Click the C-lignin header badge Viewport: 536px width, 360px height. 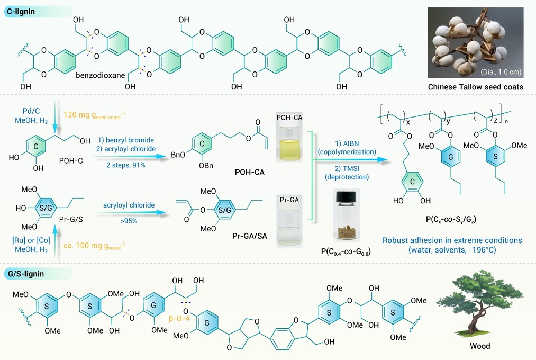pos(38,12)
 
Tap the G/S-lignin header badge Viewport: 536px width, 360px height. pos(38,274)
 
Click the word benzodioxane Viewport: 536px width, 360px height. pos(100,75)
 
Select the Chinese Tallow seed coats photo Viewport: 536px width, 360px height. pos(476,43)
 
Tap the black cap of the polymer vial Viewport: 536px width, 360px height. pos(346,197)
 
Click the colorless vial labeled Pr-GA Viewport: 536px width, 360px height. pos(289,225)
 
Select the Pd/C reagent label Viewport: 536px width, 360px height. pos(31,111)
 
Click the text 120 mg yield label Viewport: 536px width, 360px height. pos(94,115)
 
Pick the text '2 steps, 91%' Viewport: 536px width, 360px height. pos(126,165)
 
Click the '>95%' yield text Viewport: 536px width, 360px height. pos(129,221)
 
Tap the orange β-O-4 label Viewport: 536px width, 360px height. pos(179,319)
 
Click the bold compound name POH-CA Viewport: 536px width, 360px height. pos(250,172)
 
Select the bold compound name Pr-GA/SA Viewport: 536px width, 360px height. pos(250,236)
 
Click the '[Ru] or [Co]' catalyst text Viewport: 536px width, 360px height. pos(31,240)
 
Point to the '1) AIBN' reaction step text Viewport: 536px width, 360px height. pos(347,143)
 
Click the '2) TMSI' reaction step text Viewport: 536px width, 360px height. pos(347,168)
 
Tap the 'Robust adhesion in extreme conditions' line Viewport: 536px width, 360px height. pos(452,240)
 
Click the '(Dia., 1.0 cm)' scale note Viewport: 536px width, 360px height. pos(501,72)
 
